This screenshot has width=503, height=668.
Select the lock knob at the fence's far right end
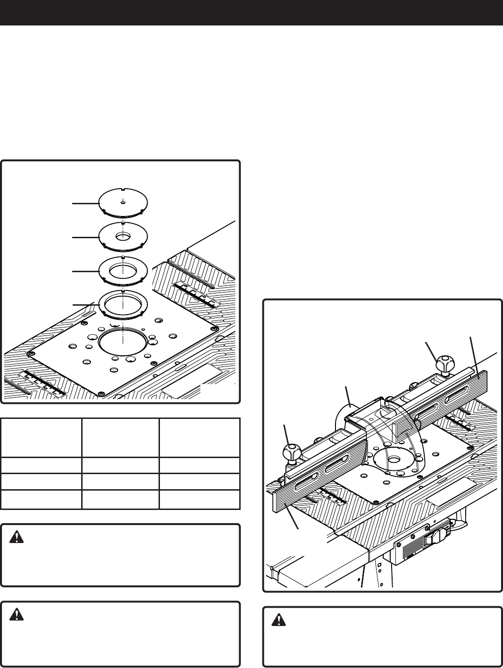[x=445, y=364]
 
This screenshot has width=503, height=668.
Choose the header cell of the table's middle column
[x=120, y=437]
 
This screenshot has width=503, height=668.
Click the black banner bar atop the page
[x=251, y=12]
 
